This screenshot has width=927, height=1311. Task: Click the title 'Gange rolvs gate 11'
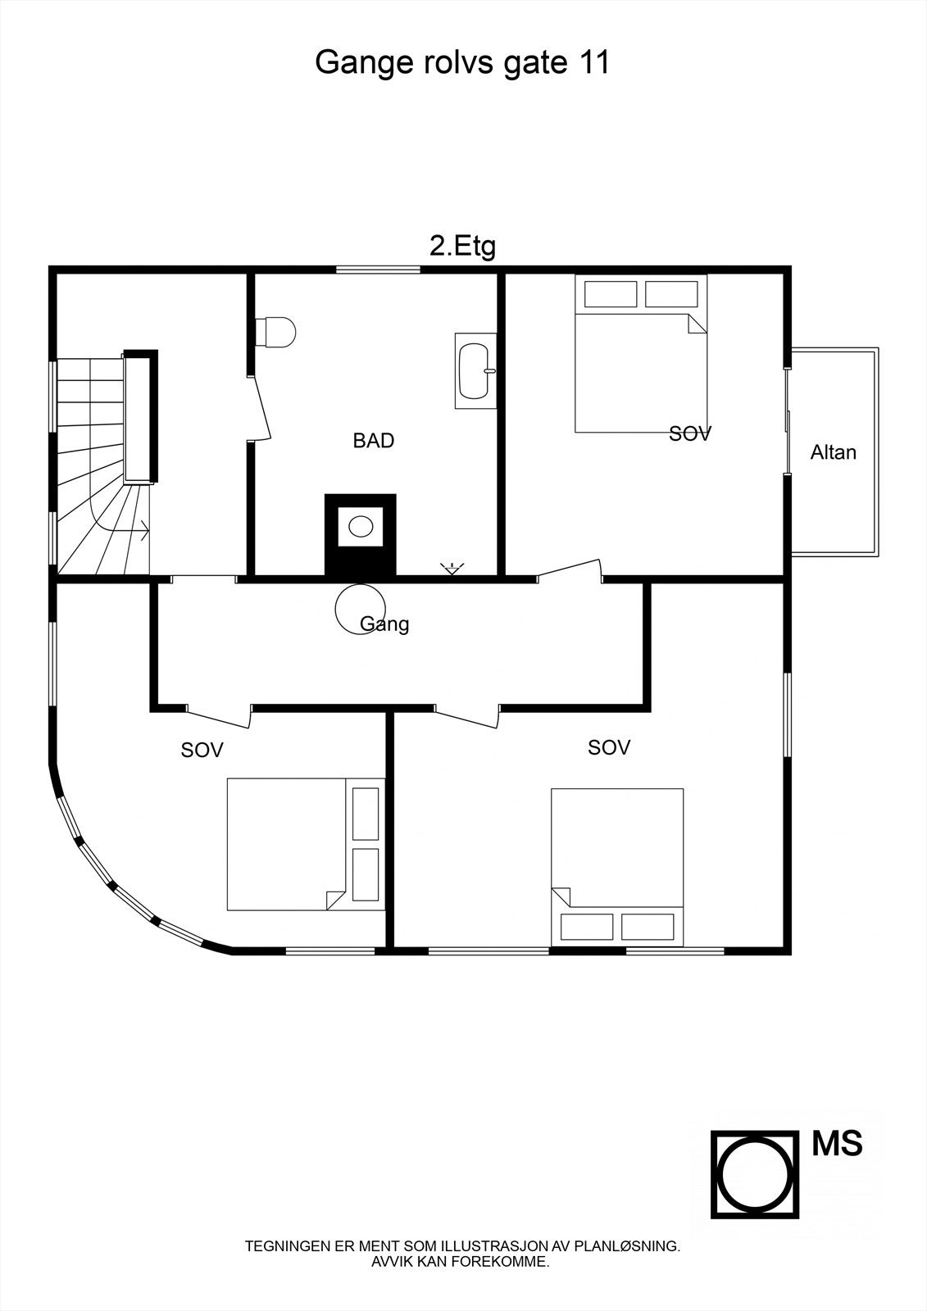click(x=462, y=62)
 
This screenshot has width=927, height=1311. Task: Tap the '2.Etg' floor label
click(x=462, y=246)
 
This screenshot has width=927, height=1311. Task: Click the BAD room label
click(x=373, y=441)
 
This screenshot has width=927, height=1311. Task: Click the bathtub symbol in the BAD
click(x=475, y=370)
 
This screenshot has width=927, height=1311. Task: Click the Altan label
click(x=833, y=452)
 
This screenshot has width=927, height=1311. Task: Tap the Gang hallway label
click(x=385, y=624)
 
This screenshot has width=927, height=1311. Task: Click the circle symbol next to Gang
click(x=357, y=607)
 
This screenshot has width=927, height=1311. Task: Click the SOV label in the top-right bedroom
click(x=689, y=434)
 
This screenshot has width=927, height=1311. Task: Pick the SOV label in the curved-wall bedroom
click(x=202, y=750)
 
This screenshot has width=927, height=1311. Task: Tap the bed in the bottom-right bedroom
click(x=617, y=848)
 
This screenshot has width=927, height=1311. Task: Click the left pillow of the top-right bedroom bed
click(x=610, y=293)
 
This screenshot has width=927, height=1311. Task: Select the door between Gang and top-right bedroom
click(x=570, y=571)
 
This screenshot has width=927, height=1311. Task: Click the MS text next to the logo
click(x=837, y=1143)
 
